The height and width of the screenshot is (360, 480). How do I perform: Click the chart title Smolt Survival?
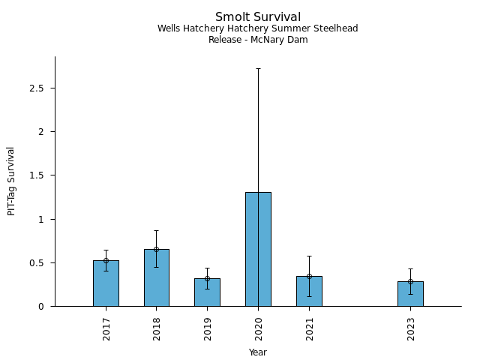coord(258,16)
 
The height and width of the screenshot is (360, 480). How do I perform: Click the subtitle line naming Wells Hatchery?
coord(258,28)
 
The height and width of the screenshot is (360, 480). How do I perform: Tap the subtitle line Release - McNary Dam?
coord(258,40)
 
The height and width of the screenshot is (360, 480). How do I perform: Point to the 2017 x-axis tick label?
coord(106,329)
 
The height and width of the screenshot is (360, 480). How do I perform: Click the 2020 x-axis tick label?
coord(258,329)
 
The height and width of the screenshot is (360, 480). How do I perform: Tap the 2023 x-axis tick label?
coord(410,329)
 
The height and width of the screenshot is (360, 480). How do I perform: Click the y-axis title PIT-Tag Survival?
coord(11,181)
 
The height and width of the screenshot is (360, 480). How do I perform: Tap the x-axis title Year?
coord(258,352)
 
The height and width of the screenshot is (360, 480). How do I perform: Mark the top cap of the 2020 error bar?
coord(258,68)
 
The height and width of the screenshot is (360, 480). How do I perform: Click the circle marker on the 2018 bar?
coord(157,249)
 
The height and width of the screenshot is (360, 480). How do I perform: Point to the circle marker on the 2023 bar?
coord(410,281)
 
